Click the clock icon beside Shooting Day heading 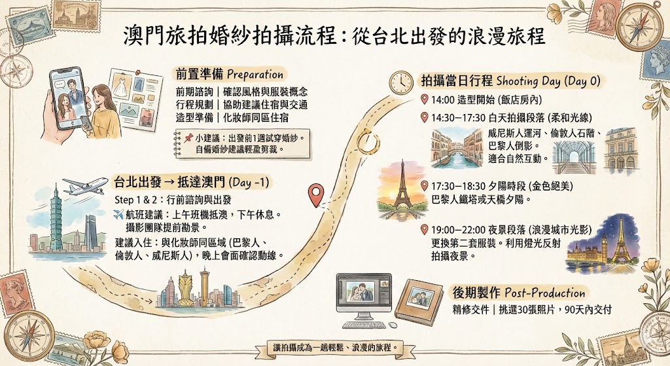pyautogui.click(x=400, y=82)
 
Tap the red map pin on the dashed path pyautogui.click(x=317, y=194)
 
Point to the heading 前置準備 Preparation pyautogui.click(x=228, y=74)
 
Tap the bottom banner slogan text pyautogui.click(x=335, y=348)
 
